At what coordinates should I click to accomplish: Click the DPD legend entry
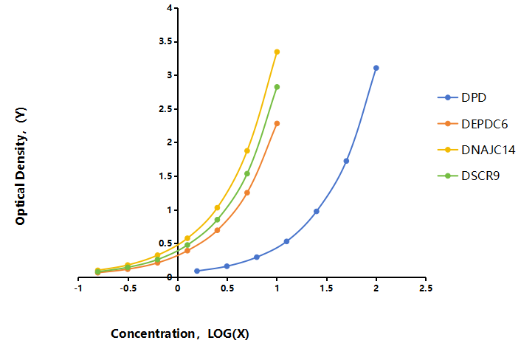(462, 97)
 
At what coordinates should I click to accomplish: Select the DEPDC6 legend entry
(473, 124)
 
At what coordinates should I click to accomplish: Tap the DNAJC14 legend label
(488, 150)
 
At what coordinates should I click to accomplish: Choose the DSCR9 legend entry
(469, 176)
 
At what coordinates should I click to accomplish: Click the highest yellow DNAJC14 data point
(277, 52)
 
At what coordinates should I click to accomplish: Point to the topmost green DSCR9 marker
(277, 87)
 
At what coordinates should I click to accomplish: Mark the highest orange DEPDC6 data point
(277, 123)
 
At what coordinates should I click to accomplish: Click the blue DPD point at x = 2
(376, 68)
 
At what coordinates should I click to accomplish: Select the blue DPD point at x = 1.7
(346, 161)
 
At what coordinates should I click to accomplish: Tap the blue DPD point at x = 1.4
(317, 211)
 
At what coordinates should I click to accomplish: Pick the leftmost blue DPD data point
(197, 271)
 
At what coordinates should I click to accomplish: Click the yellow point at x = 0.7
(247, 150)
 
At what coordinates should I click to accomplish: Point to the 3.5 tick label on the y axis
(168, 41)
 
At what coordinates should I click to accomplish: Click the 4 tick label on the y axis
(170, 8)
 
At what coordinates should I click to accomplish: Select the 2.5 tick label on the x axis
(426, 288)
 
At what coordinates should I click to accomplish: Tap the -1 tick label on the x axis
(78, 288)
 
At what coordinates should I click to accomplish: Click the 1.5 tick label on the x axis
(327, 288)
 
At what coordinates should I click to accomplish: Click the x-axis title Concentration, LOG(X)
(180, 333)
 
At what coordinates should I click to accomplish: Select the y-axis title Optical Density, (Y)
(21, 166)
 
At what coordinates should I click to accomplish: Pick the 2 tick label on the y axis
(170, 142)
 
